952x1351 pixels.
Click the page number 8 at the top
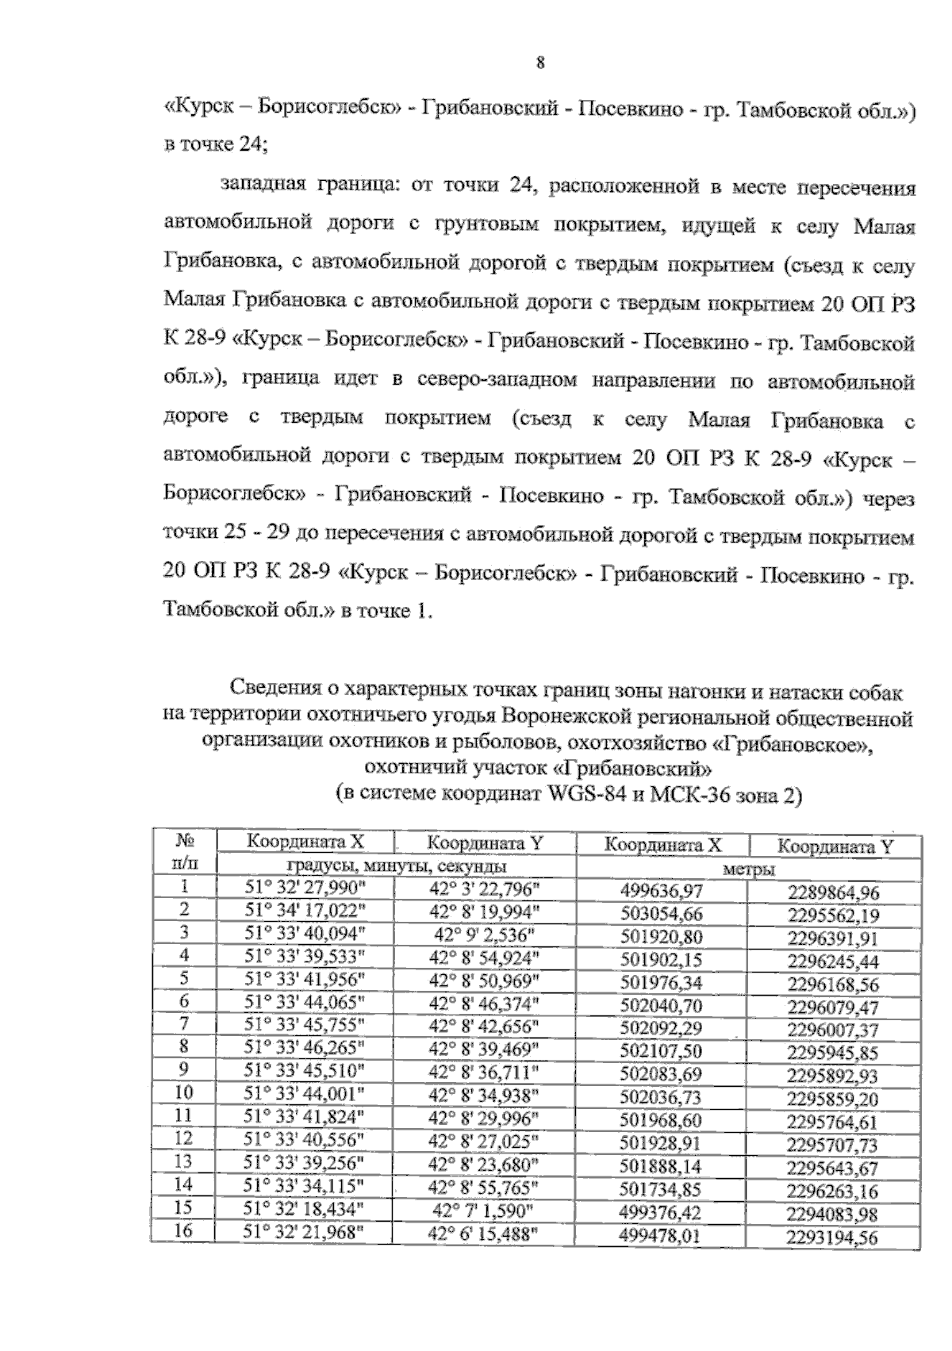(x=539, y=63)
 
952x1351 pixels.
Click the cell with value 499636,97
(x=661, y=891)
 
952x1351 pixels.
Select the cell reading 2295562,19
(x=833, y=915)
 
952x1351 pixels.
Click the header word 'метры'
(x=749, y=869)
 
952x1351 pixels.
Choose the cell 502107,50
(x=661, y=1052)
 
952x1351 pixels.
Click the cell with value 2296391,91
(x=833, y=938)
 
